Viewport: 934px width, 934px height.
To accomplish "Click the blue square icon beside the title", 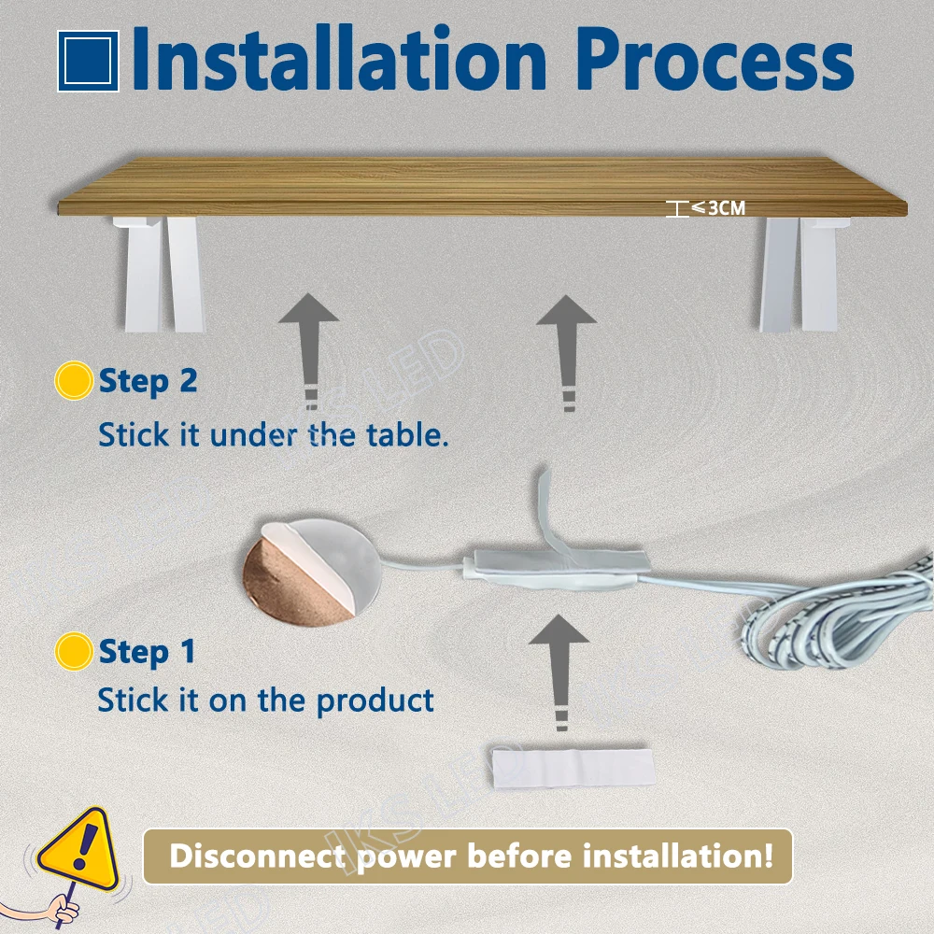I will pos(88,62).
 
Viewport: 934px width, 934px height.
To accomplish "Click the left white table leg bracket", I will pos(159,273).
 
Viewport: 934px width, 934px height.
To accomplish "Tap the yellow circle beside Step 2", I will pos(73,381).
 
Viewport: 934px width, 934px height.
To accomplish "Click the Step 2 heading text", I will pos(148,381).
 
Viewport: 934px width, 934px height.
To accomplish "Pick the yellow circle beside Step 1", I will pos(73,651).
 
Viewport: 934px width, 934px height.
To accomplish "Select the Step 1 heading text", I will pos(147,651).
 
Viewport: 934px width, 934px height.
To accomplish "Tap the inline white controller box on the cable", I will pos(551,571).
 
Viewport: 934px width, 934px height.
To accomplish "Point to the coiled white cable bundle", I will pos(841,616).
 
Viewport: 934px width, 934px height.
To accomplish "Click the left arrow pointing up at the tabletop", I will pos(308,346).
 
